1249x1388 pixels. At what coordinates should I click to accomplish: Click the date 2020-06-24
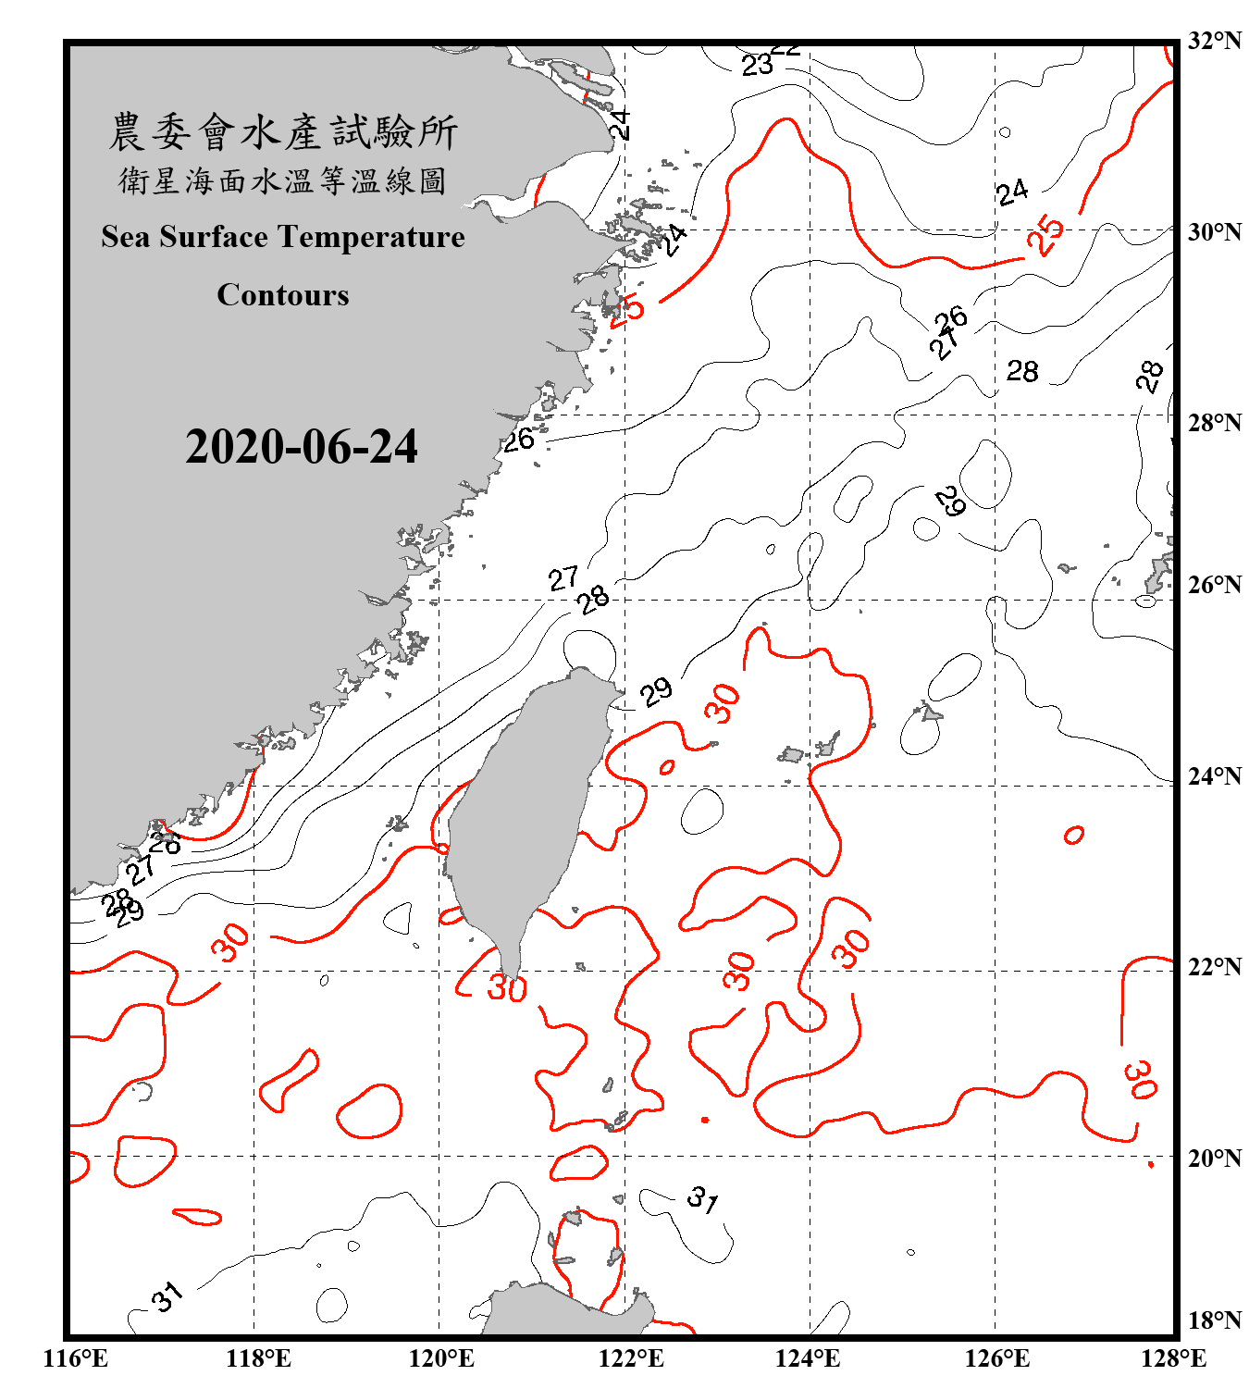point(301,447)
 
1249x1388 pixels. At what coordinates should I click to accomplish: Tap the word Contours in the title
point(283,295)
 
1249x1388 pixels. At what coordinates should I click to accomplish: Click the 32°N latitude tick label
point(1215,41)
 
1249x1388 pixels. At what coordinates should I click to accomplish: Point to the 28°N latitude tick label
point(1215,423)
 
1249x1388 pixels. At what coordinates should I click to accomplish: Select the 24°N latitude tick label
point(1215,776)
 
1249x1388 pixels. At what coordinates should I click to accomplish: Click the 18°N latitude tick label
point(1215,1320)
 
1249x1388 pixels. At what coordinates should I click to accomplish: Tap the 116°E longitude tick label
point(76,1358)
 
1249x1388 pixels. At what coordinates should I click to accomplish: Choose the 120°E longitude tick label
point(441,1358)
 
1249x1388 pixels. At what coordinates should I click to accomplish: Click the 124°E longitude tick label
point(808,1358)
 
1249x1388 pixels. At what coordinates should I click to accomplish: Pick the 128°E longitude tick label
point(1173,1358)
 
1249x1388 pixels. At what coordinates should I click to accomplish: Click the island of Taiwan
point(523,814)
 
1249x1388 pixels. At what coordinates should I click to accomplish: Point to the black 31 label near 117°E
point(167,1297)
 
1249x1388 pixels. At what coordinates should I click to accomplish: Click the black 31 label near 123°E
point(702,1200)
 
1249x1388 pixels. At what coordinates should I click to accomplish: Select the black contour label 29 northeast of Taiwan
point(656,691)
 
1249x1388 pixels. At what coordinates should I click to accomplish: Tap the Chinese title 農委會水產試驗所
point(283,132)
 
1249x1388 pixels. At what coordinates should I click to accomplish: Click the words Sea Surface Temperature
point(283,238)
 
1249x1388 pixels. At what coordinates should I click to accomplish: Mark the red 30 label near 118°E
point(230,942)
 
